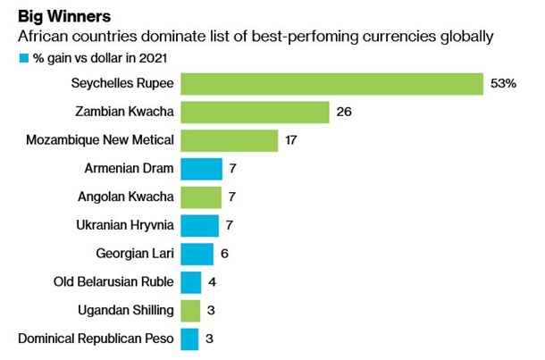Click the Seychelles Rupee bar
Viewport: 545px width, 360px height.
point(331,84)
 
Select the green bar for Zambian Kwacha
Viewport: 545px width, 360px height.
point(255,113)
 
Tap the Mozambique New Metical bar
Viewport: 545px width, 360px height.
point(230,141)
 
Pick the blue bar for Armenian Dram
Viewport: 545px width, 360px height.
point(201,169)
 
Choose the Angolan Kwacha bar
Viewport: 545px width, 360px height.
point(201,197)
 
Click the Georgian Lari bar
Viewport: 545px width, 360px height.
point(197,254)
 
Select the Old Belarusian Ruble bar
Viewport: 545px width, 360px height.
point(191,282)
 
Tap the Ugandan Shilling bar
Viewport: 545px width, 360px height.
point(190,311)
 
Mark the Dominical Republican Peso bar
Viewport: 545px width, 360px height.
point(189,339)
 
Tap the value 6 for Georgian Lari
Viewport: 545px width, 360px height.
point(225,254)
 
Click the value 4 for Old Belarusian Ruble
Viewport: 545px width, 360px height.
point(213,282)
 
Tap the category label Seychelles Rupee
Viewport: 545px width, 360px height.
point(123,84)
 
